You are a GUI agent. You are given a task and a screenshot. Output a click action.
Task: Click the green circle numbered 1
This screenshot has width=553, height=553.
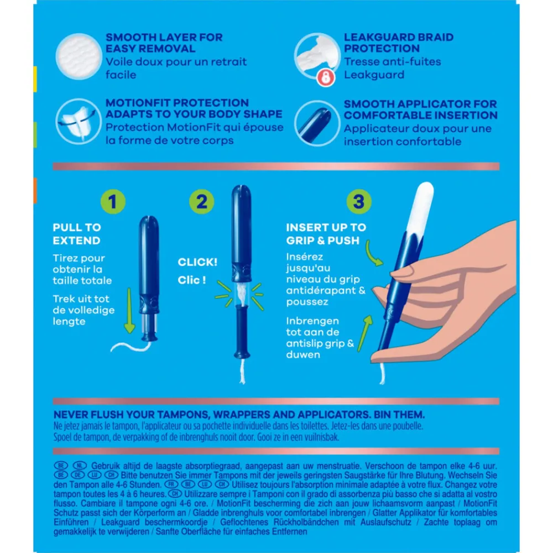point(113,202)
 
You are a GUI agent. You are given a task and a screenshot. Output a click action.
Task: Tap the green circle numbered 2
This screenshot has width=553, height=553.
point(201,202)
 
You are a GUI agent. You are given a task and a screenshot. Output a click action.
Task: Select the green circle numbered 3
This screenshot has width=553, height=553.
point(359,202)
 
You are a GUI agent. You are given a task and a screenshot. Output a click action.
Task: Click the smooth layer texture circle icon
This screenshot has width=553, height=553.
point(79,56)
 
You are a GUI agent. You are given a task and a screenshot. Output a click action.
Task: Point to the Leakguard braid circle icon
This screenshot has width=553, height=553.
point(317,56)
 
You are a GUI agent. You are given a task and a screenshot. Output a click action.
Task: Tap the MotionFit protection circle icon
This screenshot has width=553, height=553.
point(79,122)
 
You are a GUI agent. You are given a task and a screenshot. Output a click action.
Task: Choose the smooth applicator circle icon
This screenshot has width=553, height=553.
point(317,123)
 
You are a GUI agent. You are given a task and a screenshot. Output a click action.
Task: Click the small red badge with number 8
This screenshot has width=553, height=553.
point(326,77)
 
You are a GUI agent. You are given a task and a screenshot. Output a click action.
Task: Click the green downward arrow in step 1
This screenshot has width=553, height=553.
point(129,310)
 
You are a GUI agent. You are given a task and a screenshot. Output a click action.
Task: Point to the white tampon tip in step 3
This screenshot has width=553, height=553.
point(421,207)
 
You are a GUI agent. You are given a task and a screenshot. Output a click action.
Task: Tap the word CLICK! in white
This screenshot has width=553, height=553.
point(197,262)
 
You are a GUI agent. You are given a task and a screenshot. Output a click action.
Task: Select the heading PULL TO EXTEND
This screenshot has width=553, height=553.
point(77,234)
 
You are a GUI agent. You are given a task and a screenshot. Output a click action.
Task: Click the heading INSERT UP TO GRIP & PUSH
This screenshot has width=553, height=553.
point(326,234)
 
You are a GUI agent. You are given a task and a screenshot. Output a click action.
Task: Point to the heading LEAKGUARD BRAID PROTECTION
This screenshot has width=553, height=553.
point(399,43)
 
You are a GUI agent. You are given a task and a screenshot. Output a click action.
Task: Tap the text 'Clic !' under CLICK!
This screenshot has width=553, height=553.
point(192,280)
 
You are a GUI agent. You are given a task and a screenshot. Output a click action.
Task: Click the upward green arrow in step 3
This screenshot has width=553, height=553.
point(364,333)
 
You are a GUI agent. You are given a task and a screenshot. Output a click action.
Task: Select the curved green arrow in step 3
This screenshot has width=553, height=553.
point(372,253)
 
